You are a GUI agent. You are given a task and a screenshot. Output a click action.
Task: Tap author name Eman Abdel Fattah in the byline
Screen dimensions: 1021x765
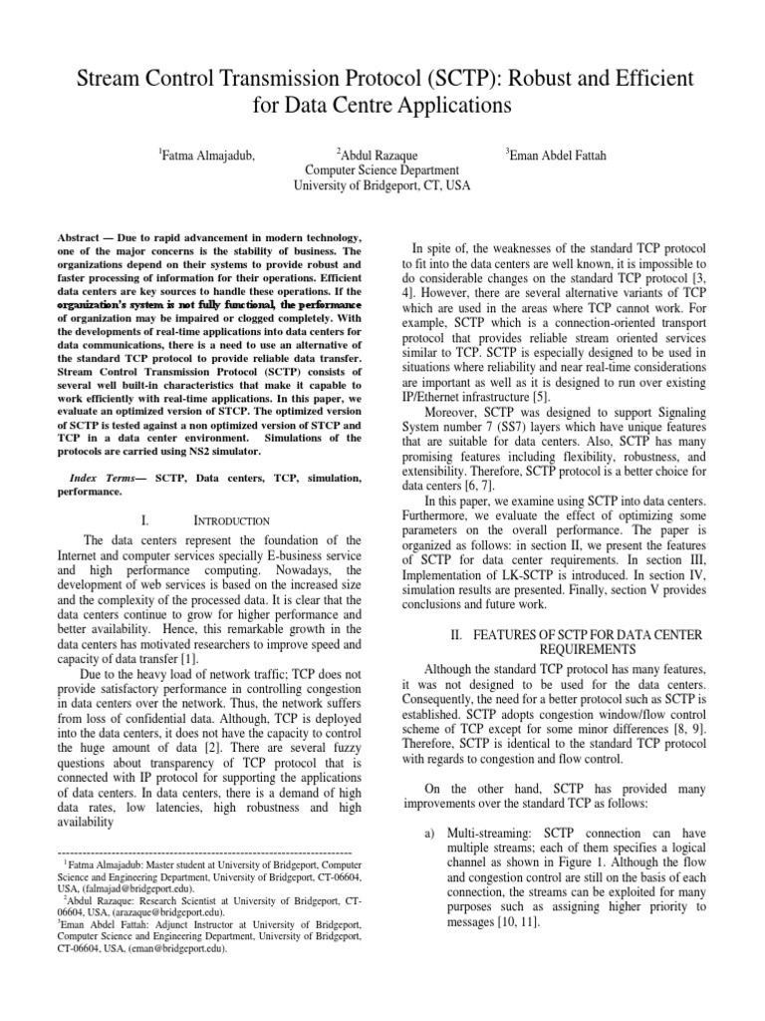click(555, 154)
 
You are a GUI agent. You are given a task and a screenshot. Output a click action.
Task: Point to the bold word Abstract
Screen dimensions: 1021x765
click(77, 241)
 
